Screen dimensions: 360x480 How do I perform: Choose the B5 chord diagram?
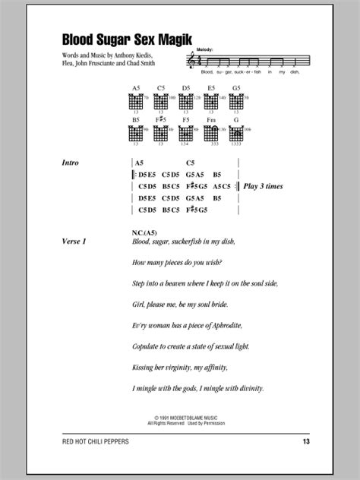pyautogui.click(x=137, y=134)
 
